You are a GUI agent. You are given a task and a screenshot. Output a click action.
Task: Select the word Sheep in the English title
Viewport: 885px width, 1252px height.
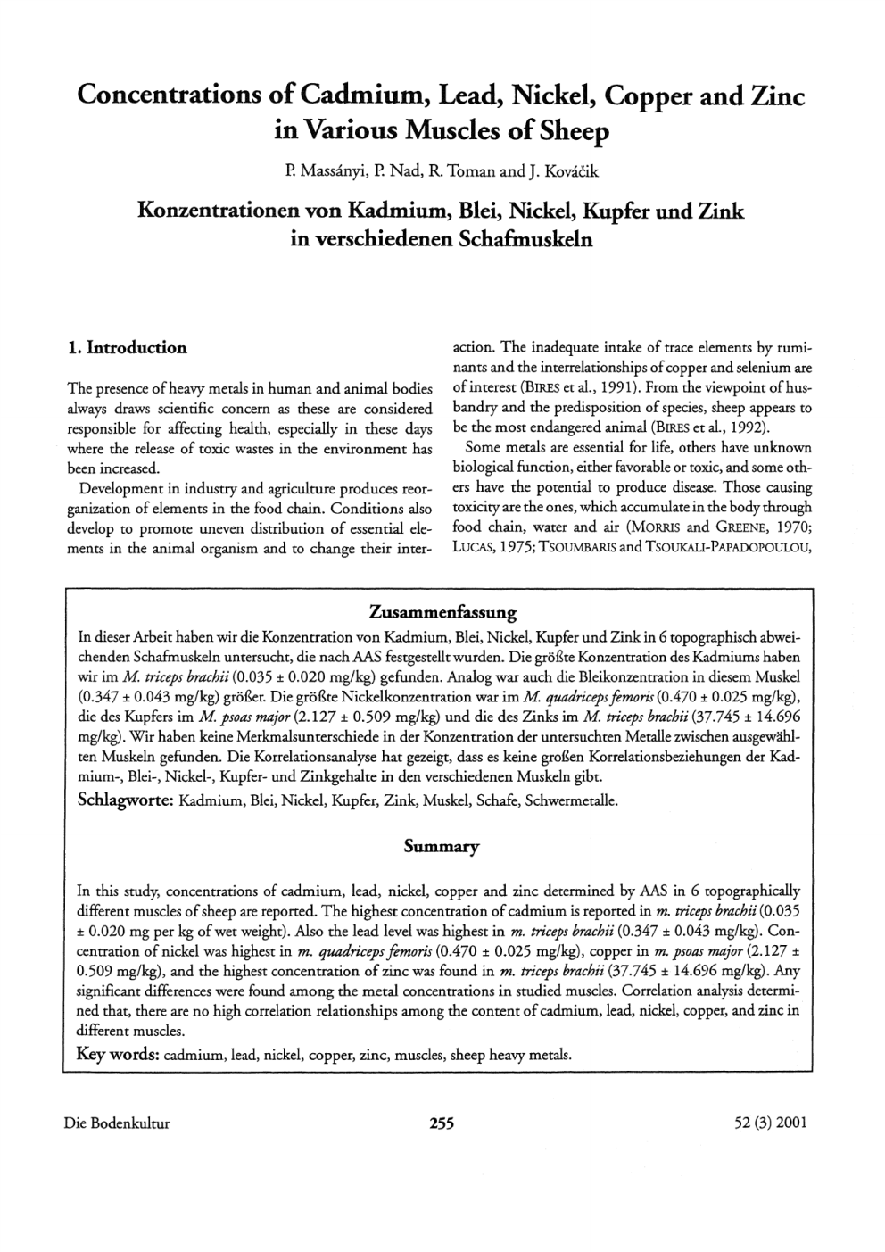click(570, 132)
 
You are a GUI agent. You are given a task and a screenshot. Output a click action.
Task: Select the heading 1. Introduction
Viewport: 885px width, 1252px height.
click(128, 348)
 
